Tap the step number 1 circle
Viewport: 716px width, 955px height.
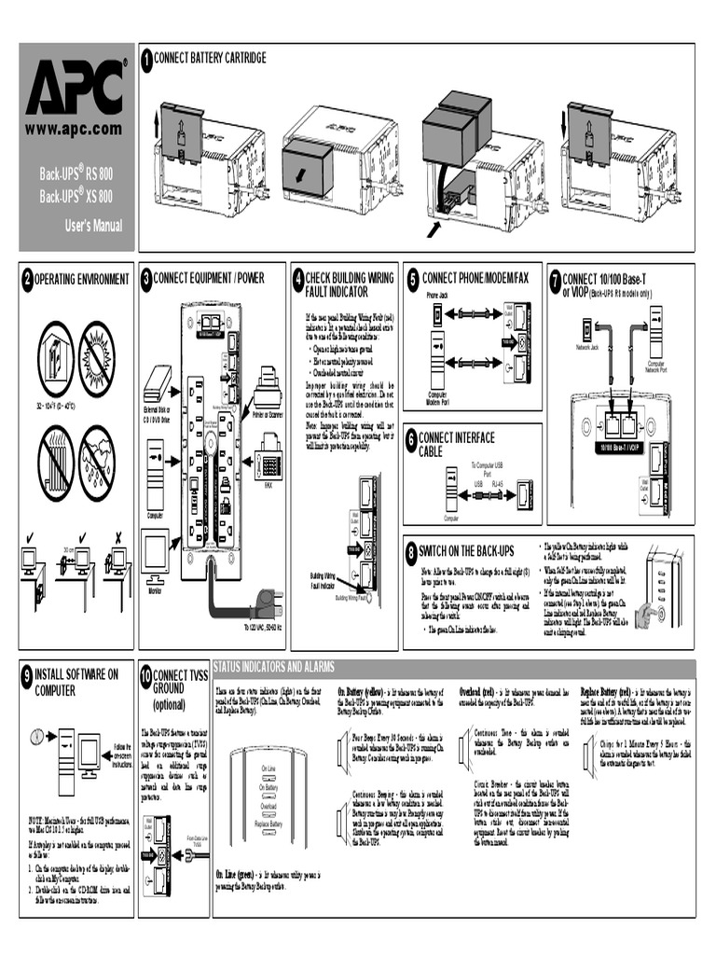coord(146,61)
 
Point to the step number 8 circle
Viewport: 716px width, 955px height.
coord(413,552)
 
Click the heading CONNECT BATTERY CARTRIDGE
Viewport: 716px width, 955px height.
coord(210,59)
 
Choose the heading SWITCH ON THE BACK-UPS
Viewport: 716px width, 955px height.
coord(471,552)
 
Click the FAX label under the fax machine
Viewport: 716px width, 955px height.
coord(268,486)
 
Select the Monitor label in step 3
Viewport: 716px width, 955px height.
coord(156,590)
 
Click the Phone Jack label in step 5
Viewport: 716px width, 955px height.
coord(437,295)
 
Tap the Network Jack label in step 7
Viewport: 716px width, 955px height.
coord(587,346)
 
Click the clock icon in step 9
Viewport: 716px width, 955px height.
coord(36,736)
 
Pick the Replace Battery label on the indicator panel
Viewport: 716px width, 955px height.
coord(268,824)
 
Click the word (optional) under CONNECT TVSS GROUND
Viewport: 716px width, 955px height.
coord(169,704)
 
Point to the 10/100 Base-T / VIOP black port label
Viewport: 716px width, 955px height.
coord(621,446)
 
